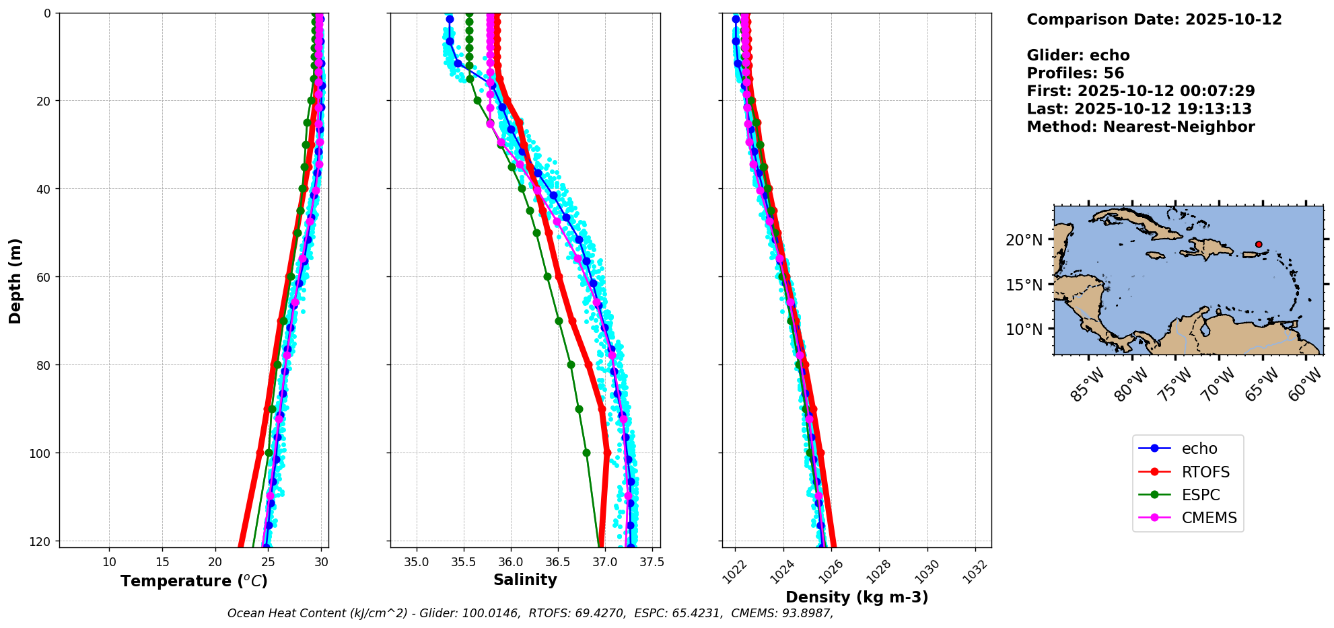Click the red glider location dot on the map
pyautogui.click(x=1259, y=245)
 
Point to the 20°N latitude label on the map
pyautogui.click(x=1024, y=240)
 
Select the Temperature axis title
pyautogui.click(x=194, y=581)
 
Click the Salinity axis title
pyautogui.click(x=525, y=580)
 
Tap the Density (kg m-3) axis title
pyautogui.click(x=857, y=597)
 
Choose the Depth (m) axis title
pyautogui.click(x=15, y=280)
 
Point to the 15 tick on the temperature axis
pyautogui.click(x=162, y=562)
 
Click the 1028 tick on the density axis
pyautogui.click(x=878, y=572)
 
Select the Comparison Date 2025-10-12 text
pyautogui.click(x=1154, y=19)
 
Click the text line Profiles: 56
pyautogui.click(x=1075, y=73)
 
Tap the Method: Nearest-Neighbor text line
pyautogui.click(x=1140, y=127)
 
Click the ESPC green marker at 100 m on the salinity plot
pyautogui.click(x=586, y=453)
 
